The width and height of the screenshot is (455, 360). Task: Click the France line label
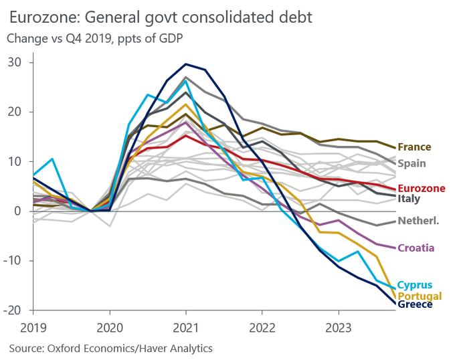click(x=414, y=147)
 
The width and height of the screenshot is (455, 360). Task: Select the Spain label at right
click(x=412, y=163)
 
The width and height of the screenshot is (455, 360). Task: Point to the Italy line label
click(x=408, y=199)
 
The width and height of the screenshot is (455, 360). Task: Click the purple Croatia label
click(x=416, y=248)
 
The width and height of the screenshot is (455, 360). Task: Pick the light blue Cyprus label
click(x=415, y=285)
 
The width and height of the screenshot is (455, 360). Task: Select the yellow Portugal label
click(x=420, y=296)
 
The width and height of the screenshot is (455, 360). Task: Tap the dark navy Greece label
click(x=415, y=305)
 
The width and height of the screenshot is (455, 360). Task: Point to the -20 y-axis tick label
click(x=13, y=310)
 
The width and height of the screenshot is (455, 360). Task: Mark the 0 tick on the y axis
click(x=18, y=211)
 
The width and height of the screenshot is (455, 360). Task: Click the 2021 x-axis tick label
click(x=185, y=329)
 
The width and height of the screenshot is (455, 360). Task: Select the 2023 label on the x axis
click(x=338, y=329)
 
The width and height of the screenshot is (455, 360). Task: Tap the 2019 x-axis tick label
click(x=33, y=329)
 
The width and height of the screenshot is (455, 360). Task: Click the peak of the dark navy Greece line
click(x=186, y=64)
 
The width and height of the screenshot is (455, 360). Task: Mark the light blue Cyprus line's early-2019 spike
click(x=52, y=159)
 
